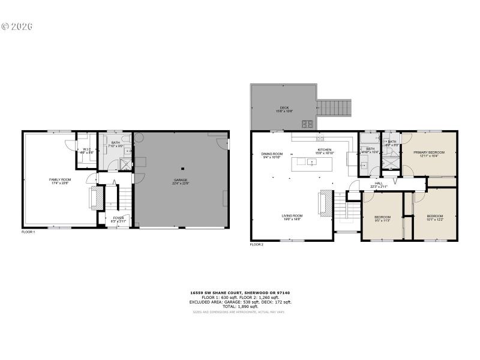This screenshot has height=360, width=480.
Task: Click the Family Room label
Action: click(x=60, y=179)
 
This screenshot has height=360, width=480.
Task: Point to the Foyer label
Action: click(x=118, y=218)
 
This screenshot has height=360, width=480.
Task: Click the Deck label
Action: click(x=284, y=108)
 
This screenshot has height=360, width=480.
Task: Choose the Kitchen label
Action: click(x=324, y=150)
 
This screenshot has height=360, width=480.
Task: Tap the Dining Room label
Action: click(x=272, y=155)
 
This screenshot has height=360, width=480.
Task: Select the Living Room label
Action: click(x=292, y=216)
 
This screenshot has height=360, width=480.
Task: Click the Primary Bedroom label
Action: click(x=429, y=153)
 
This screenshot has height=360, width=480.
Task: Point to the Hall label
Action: click(x=379, y=184)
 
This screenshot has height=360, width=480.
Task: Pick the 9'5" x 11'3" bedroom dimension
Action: click(x=383, y=220)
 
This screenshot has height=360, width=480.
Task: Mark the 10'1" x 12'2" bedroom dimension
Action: click(x=435, y=219)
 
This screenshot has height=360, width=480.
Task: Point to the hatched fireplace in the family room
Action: click(x=92, y=198)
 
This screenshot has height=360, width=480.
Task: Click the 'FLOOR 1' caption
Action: click(x=28, y=232)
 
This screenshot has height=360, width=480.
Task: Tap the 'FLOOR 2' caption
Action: click(x=256, y=245)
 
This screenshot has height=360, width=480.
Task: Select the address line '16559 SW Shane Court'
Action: click(x=240, y=293)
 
